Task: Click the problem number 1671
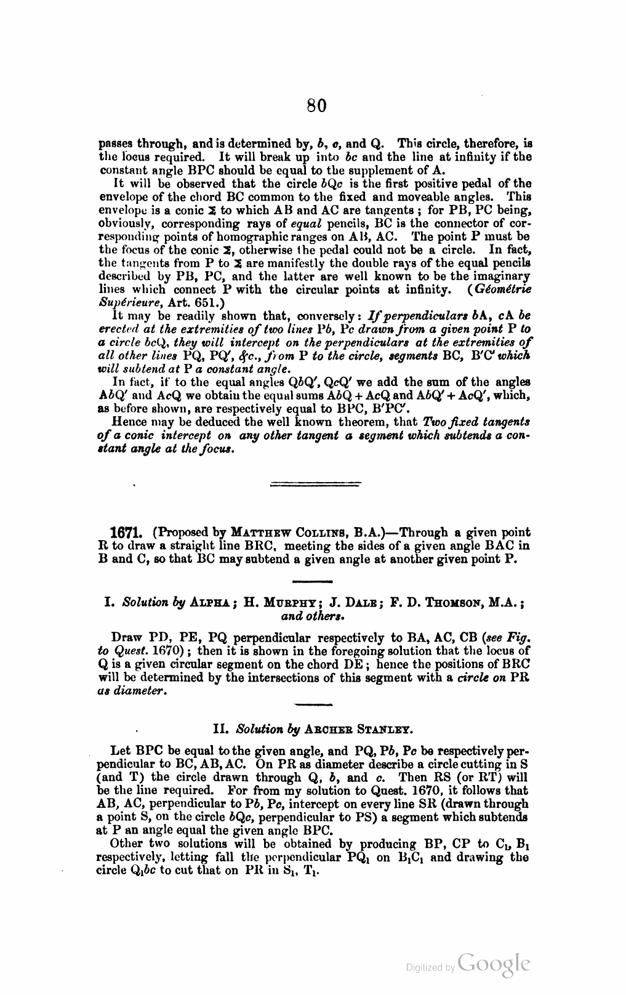click(127, 532)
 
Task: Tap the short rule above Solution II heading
click(313, 706)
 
